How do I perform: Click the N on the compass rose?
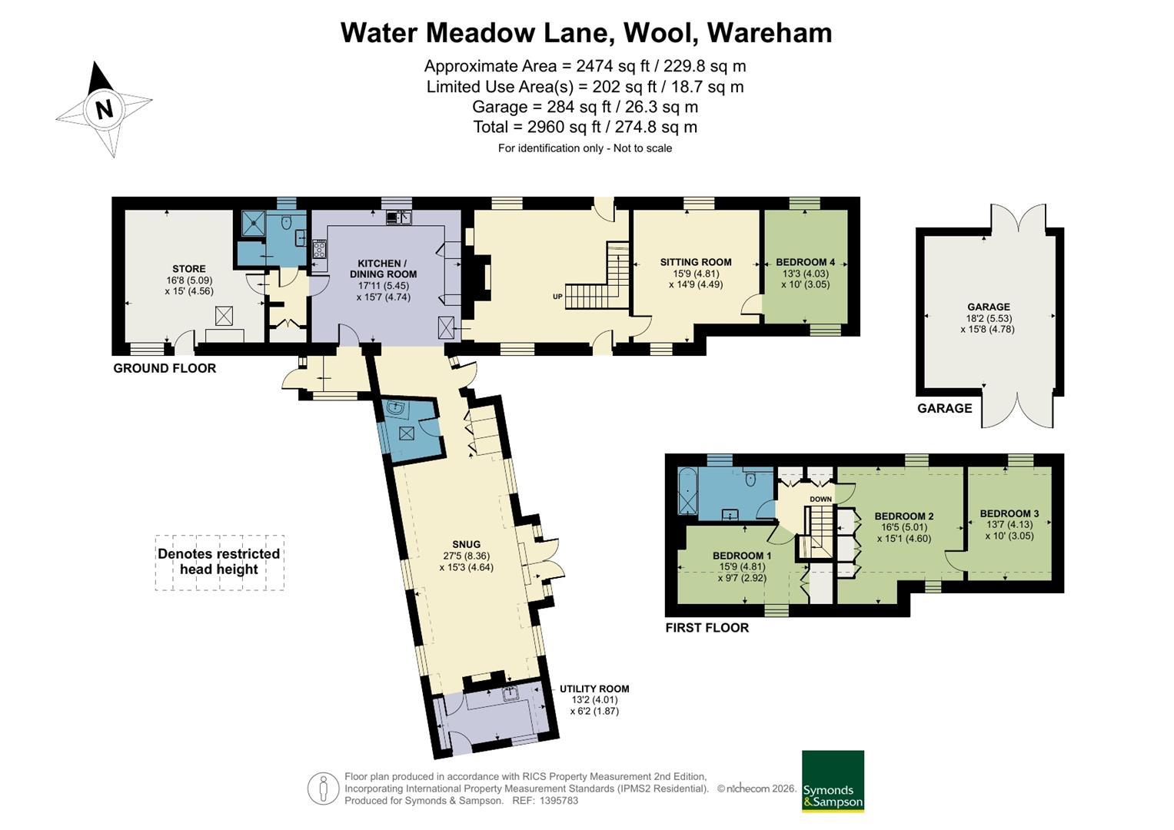tap(105, 109)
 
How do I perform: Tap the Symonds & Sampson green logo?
tap(833, 782)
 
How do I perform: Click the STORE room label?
tap(189, 269)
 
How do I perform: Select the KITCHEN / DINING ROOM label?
tap(383, 268)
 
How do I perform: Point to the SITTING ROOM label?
tap(696, 262)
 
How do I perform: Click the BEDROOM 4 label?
tap(806, 262)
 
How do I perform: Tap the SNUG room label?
tap(466, 544)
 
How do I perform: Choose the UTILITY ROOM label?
tap(594, 689)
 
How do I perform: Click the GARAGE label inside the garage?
tap(989, 307)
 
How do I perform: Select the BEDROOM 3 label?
tap(1009, 513)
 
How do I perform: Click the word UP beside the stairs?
tap(557, 297)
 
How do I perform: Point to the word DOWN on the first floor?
tap(821, 499)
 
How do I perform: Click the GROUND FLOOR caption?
tap(165, 368)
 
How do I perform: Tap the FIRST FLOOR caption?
tap(707, 628)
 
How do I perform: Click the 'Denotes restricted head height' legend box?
tap(220, 563)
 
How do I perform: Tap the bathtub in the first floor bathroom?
tap(687, 490)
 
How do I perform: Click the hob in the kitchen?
tap(320, 250)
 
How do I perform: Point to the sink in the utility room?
tap(511, 694)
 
